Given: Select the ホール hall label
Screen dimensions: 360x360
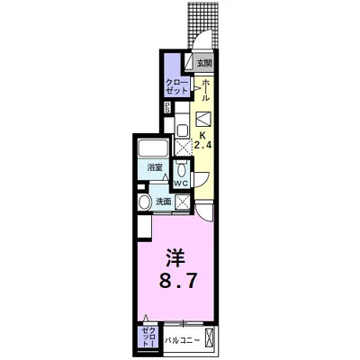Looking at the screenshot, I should click(206, 91).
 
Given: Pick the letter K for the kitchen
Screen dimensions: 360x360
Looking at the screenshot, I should click(202, 130).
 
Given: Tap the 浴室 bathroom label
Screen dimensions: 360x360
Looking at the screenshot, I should click(155, 167).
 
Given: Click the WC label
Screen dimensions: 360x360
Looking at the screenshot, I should click(181, 183).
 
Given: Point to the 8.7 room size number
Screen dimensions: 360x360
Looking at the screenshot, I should click(180, 281).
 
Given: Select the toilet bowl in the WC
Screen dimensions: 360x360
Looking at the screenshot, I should click(182, 169).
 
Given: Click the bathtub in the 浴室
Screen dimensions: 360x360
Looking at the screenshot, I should click(156, 148).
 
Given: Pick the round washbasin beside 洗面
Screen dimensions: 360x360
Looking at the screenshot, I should click(144, 201).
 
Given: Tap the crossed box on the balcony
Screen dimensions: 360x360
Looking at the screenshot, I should click(210, 340).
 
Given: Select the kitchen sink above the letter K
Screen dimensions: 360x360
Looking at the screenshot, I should click(202, 116).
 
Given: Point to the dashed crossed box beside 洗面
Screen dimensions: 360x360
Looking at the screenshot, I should click(184, 202).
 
